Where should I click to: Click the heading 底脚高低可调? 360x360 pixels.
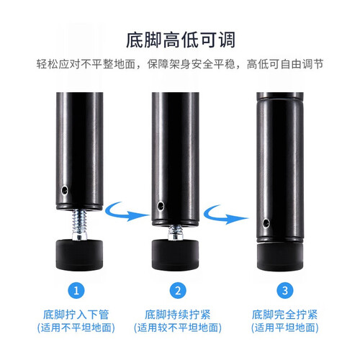click(181, 40)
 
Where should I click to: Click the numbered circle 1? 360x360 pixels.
click(76, 291)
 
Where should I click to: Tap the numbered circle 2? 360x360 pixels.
click(178, 291)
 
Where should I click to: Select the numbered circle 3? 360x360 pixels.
click(285, 291)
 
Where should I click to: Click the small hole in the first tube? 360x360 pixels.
click(64, 190)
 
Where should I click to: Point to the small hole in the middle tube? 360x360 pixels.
click(161, 206)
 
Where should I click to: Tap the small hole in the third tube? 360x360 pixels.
click(266, 223)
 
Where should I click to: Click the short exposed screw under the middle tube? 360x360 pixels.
click(176, 233)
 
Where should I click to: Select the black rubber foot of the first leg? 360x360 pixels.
click(80, 255)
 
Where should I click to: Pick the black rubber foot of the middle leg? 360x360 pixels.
click(176, 255)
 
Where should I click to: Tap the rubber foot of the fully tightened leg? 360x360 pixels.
click(280, 257)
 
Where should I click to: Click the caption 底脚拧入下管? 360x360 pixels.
click(76, 315)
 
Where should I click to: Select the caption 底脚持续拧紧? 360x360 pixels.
click(178, 315)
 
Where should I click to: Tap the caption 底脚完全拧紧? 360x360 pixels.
click(284, 315)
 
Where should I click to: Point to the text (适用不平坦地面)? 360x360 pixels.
click(76, 328)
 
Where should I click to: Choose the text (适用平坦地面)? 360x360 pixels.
click(285, 328)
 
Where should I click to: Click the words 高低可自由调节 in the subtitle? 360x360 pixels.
click(285, 64)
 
